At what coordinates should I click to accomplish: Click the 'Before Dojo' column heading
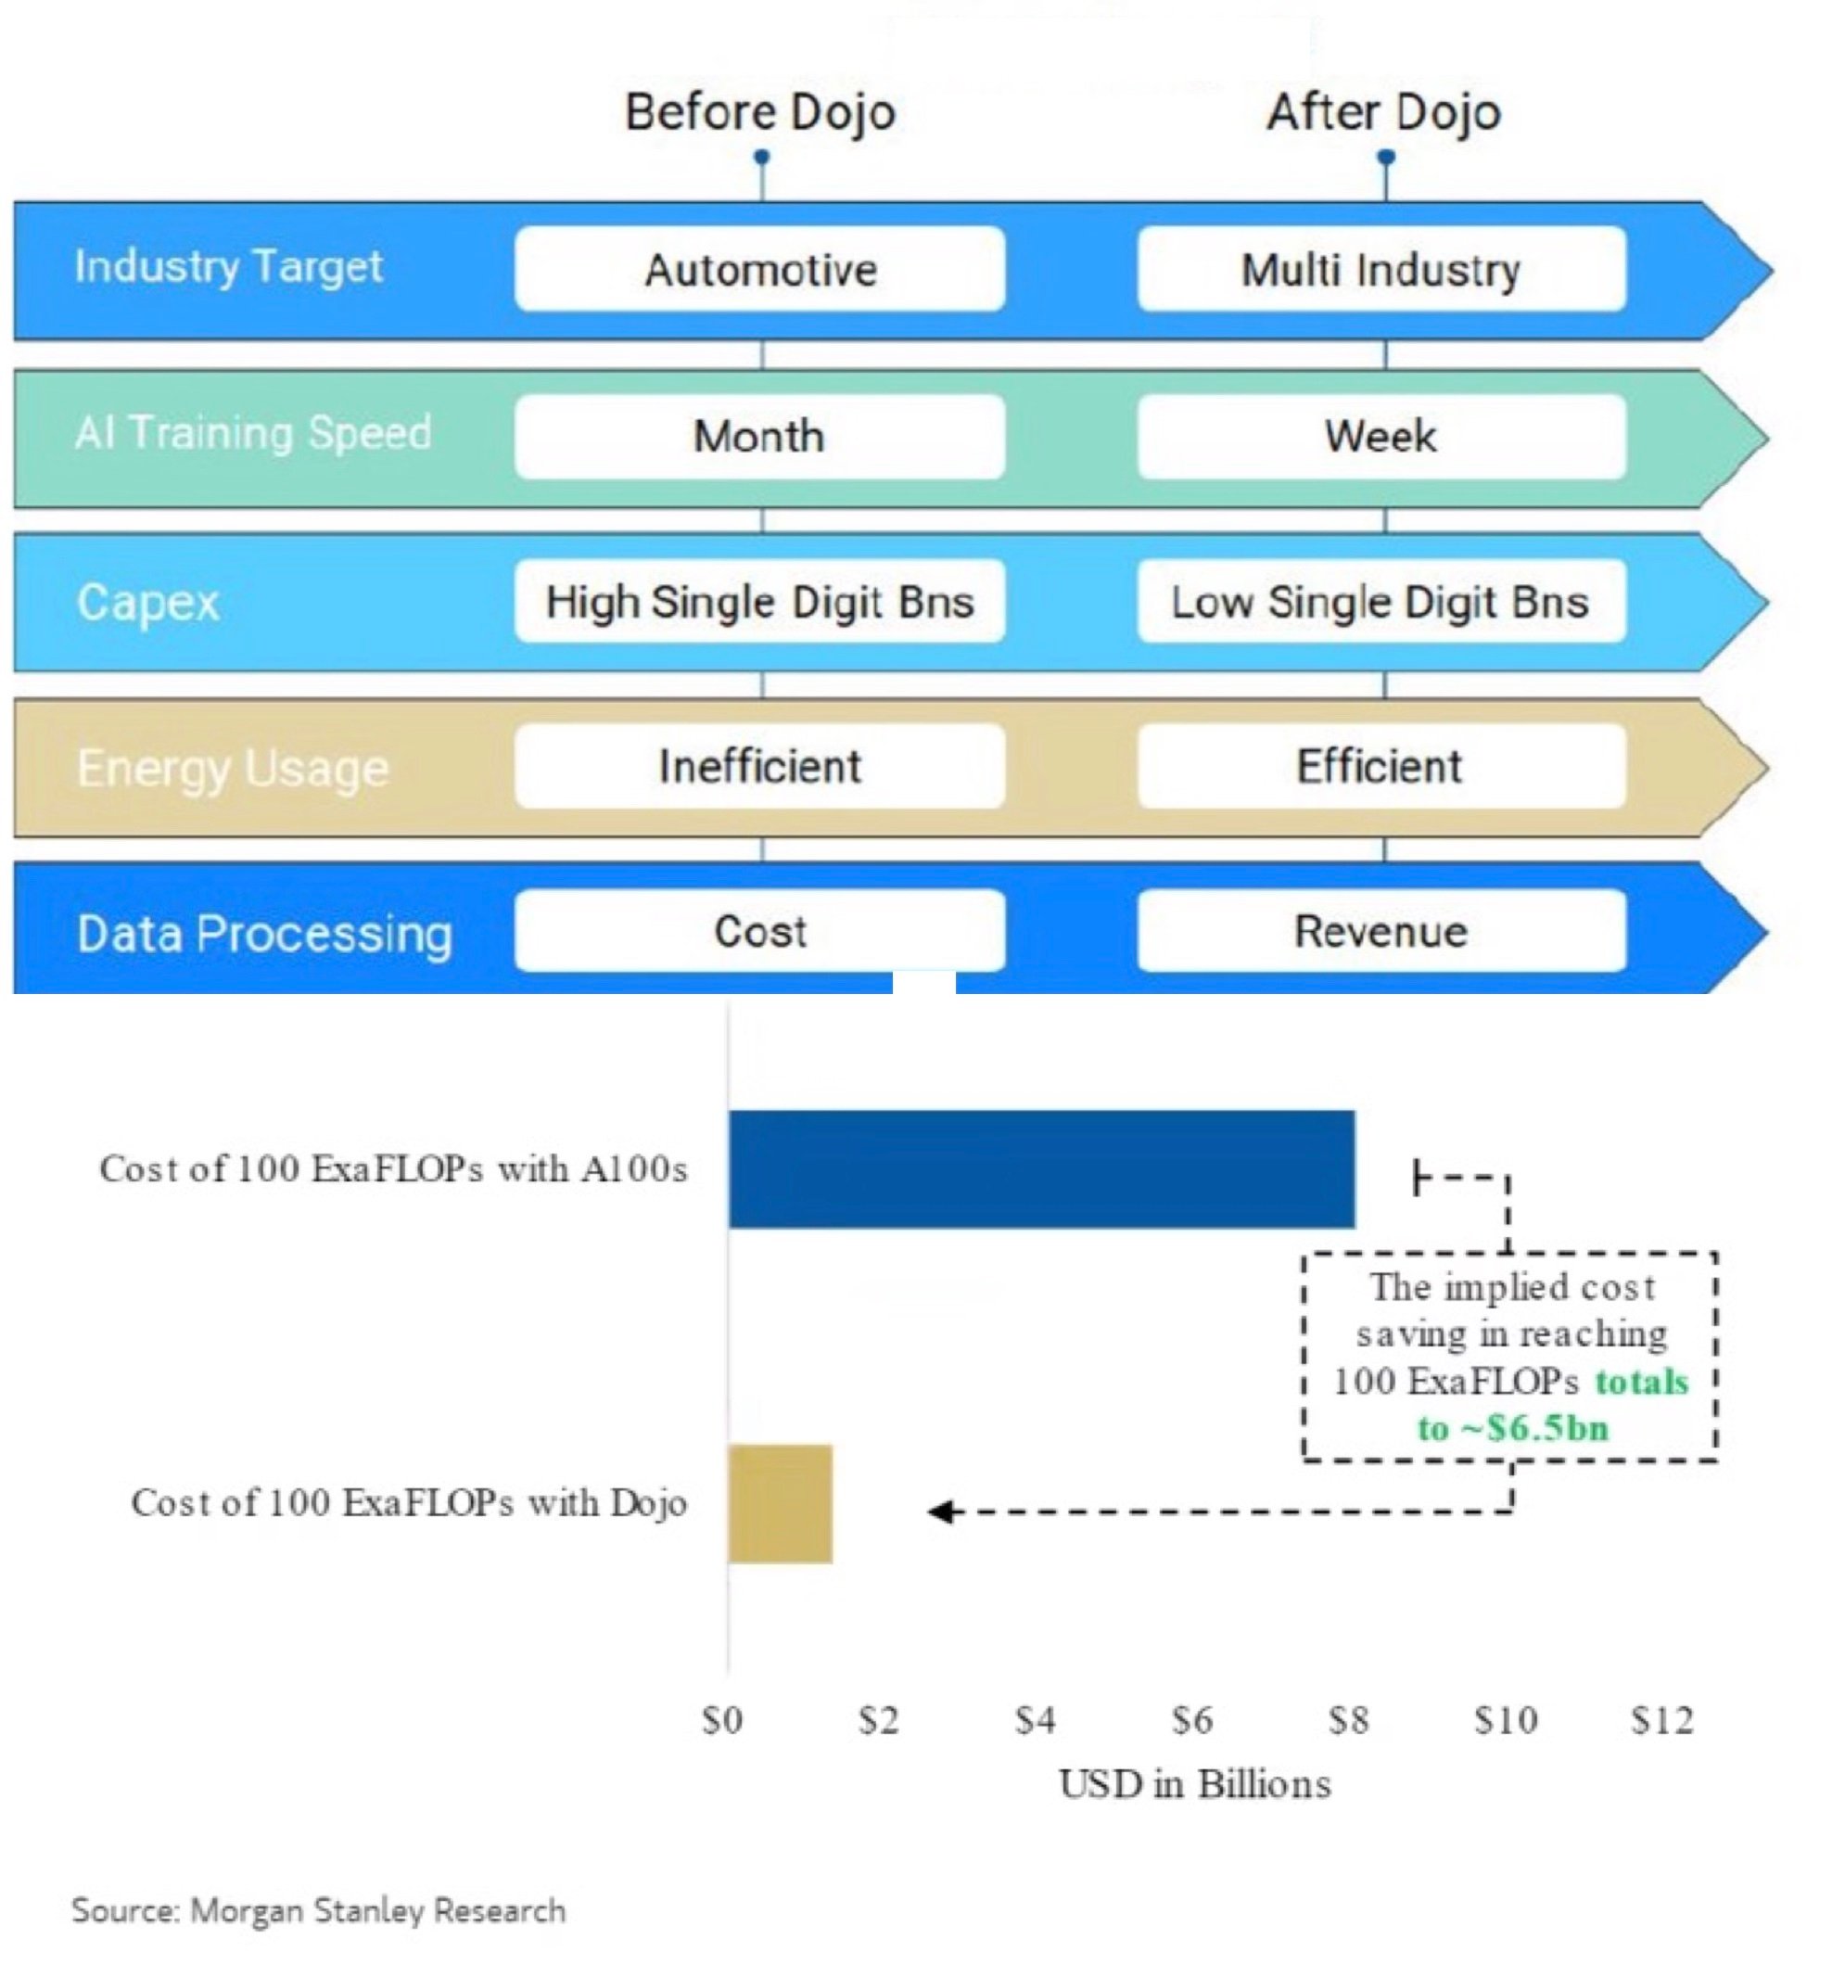point(759,111)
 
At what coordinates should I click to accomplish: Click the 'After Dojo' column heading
point(1382,111)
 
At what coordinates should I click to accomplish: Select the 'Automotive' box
point(759,270)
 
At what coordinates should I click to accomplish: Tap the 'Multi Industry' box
point(1381,270)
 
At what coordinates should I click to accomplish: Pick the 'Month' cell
point(759,437)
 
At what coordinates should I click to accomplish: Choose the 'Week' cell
point(1381,437)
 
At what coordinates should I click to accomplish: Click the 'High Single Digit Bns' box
point(759,602)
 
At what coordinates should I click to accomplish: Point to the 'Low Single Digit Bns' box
point(1381,602)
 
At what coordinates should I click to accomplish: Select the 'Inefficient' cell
point(759,767)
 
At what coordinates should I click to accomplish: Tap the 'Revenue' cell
point(1381,932)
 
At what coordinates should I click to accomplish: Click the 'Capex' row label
point(148,603)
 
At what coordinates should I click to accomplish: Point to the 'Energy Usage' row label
point(233,769)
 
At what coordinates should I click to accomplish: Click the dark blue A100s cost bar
point(1041,1169)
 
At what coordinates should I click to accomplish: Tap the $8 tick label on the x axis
point(1348,1719)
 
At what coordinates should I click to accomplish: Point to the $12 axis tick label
point(1662,1719)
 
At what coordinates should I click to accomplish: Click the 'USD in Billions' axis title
point(1194,1784)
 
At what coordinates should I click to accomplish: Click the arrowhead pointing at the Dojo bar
point(939,1511)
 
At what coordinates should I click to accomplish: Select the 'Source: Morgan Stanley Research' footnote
point(318,1910)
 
